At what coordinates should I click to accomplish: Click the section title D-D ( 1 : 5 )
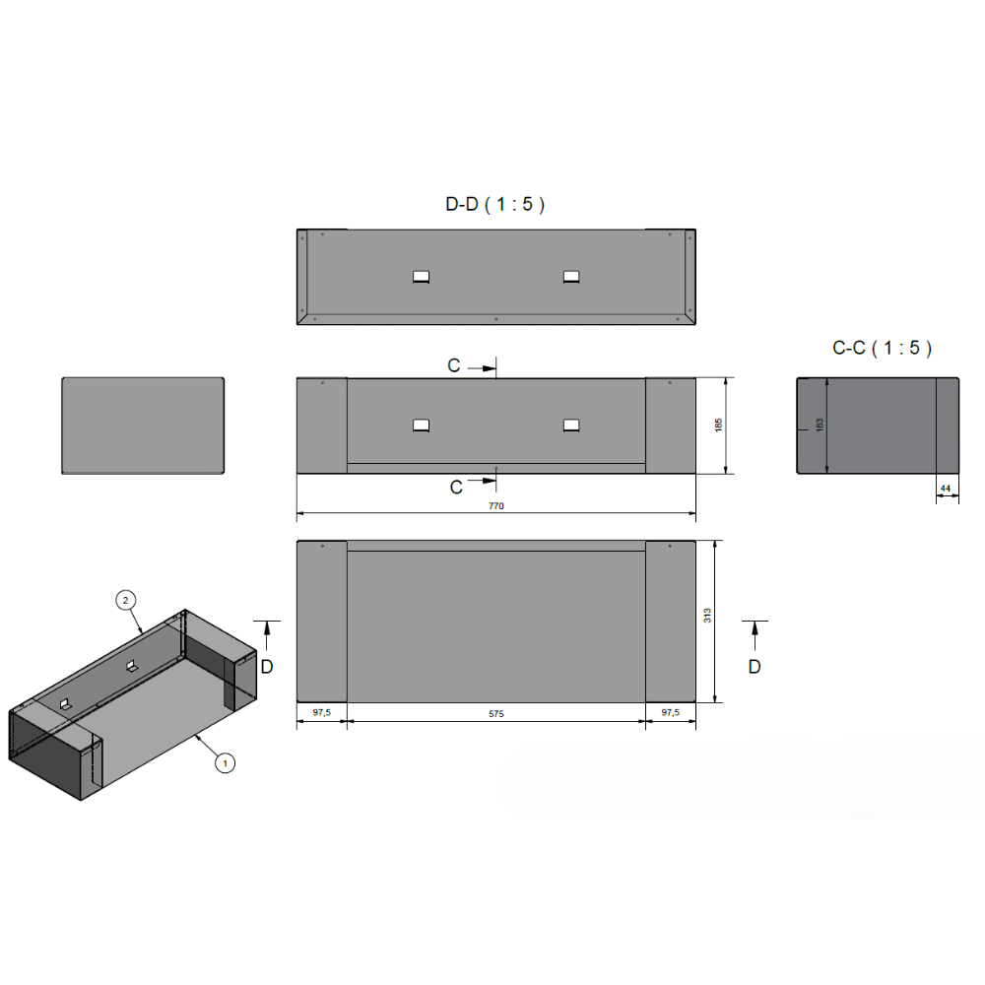pos(495,204)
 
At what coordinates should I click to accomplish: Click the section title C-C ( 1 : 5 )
pos(882,348)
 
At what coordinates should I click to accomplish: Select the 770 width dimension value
pos(496,505)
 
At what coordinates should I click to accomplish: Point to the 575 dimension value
pos(496,713)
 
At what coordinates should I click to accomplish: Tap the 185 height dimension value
pos(719,426)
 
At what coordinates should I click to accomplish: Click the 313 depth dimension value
pos(707,616)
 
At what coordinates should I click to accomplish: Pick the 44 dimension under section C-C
pos(946,489)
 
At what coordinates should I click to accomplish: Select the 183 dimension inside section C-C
pos(820,426)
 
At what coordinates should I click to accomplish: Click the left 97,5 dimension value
pos(322,712)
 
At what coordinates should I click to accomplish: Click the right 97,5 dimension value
pos(670,712)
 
